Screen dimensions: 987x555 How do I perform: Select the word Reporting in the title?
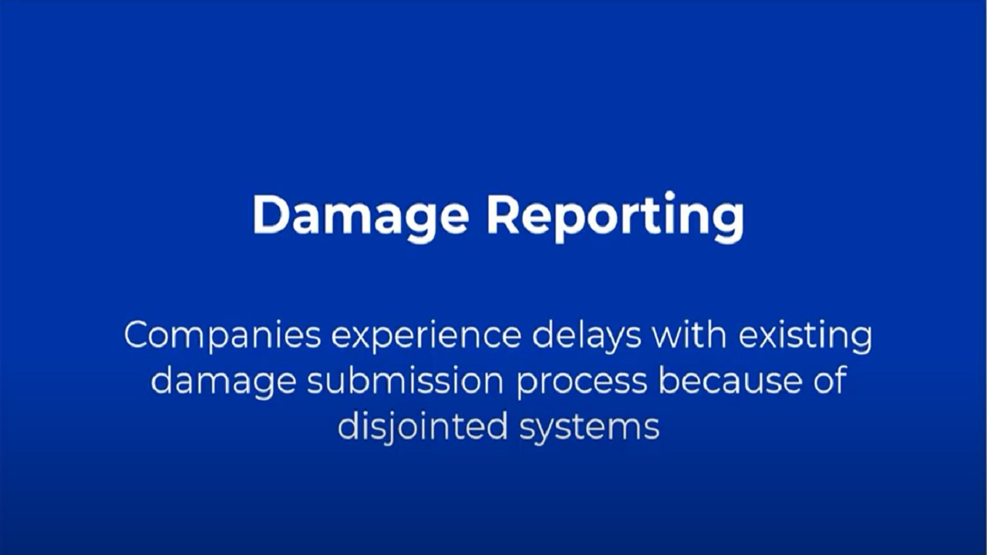[615, 217]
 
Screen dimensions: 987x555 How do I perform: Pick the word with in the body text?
[689, 335]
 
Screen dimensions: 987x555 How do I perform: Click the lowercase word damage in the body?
[224, 382]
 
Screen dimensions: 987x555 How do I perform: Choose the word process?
[581, 382]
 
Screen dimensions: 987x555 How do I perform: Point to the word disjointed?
[423, 427]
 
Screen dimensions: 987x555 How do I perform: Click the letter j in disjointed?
[387, 428]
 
